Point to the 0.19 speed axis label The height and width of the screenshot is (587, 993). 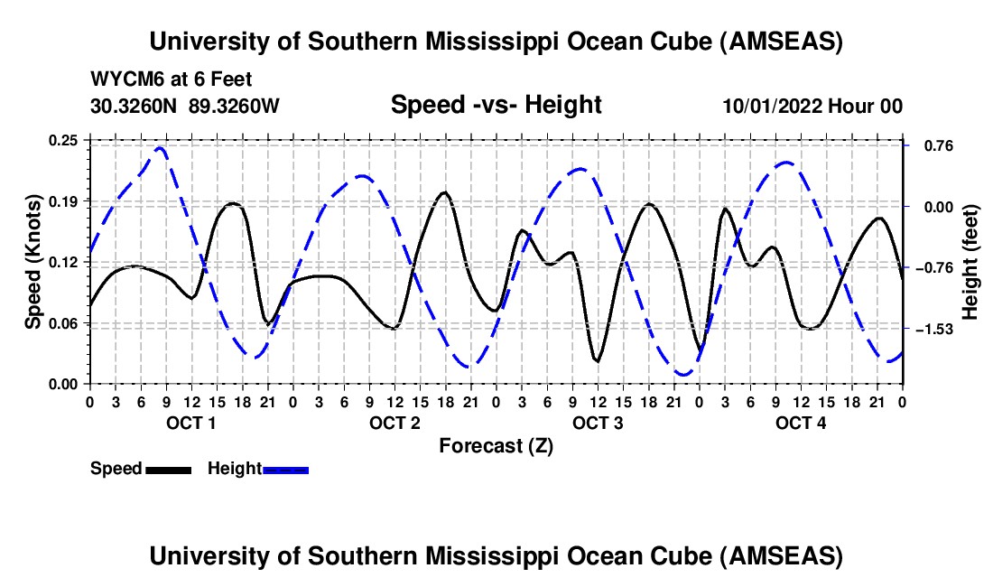[x=64, y=200]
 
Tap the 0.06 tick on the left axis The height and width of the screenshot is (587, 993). [x=64, y=323]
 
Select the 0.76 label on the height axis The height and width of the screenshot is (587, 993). [x=930, y=145]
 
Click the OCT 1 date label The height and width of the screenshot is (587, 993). [x=190, y=423]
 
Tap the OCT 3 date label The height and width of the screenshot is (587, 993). [x=597, y=423]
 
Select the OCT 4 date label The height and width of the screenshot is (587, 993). [x=801, y=423]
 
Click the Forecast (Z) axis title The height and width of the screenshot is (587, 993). [x=496, y=445]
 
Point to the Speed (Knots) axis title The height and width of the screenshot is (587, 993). [x=32, y=262]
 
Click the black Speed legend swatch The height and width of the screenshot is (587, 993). [x=168, y=469]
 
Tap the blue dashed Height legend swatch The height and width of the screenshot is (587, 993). [x=285, y=469]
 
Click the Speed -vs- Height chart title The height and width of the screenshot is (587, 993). [x=496, y=105]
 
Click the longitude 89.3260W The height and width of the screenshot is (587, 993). [x=235, y=106]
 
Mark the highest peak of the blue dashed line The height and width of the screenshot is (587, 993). [x=160, y=147]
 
